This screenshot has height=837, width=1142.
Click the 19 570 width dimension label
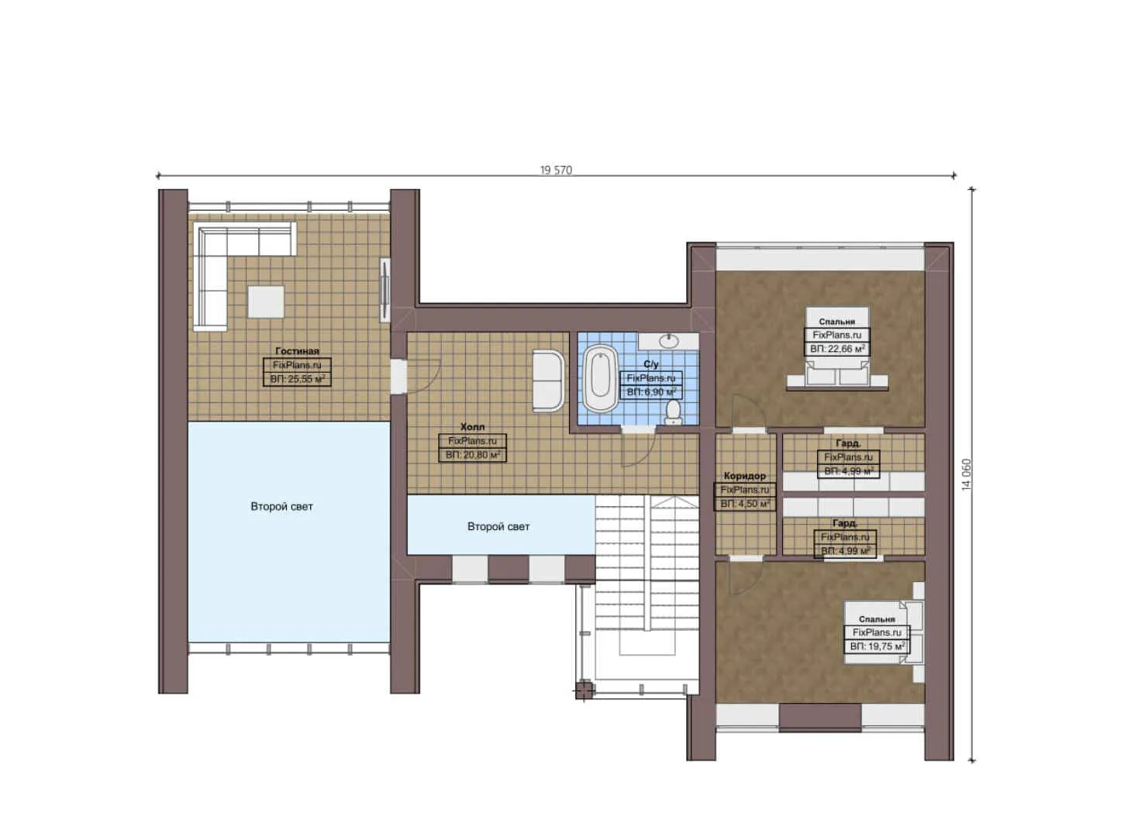pyautogui.click(x=556, y=170)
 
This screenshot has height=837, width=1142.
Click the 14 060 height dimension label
pyautogui.click(x=966, y=474)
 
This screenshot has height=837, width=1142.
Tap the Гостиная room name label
pyautogui.click(x=297, y=351)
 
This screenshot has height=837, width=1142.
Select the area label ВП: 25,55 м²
pyautogui.click(x=297, y=379)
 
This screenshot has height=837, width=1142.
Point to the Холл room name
pyautogui.click(x=472, y=427)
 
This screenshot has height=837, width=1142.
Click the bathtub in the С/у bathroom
pyautogui.click(x=600, y=378)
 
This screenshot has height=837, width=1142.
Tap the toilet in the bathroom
pyautogui.click(x=673, y=412)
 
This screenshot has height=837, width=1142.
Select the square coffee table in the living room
pyautogui.click(x=265, y=301)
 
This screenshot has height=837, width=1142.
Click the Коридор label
pyautogui.click(x=744, y=476)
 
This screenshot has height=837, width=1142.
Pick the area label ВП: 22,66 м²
pyautogui.click(x=837, y=349)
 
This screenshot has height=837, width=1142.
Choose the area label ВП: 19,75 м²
pyautogui.click(x=877, y=646)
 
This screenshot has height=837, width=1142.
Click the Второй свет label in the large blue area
pyautogui.click(x=281, y=507)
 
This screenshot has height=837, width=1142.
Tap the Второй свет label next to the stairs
pyautogui.click(x=499, y=527)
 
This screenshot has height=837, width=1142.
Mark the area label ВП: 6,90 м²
pyautogui.click(x=651, y=392)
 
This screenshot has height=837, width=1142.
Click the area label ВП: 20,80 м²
pyautogui.click(x=472, y=455)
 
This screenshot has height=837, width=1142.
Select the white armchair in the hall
pyautogui.click(x=548, y=380)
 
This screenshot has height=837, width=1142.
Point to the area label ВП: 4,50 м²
pyautogui.click(x=744, y=504)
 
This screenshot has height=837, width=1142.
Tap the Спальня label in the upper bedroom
pyautogui.click(x=837, y=322)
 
